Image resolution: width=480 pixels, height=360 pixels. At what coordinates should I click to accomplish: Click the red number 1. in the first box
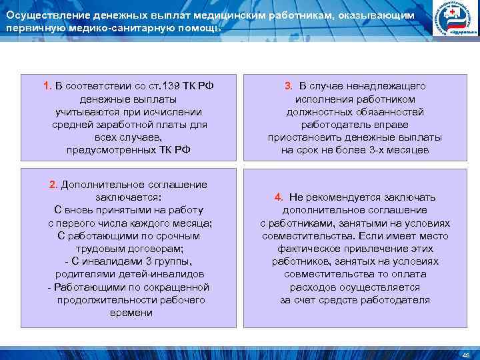point(47,86)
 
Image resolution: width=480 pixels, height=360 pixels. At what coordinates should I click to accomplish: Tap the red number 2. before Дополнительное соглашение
point(54,185)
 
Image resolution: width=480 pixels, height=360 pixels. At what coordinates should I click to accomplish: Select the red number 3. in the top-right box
point(288,86)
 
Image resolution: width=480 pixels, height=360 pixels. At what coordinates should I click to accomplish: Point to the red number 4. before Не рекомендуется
point(279,197)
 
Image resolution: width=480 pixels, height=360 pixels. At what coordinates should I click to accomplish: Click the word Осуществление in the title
point(45,15)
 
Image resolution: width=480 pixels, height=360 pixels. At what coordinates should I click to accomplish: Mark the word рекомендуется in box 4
point(344,197)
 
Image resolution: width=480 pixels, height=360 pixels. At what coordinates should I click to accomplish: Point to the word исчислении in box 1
point(176,112)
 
